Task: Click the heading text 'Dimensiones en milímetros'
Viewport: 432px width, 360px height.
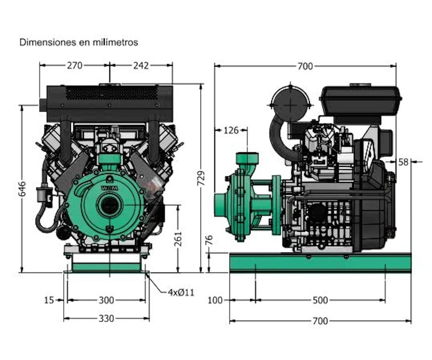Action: coord(78,42)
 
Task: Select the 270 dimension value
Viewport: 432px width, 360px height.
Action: coord(75,65)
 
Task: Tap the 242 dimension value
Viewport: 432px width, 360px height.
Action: coord(141,65)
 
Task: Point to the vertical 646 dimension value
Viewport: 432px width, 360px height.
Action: coord(22,190)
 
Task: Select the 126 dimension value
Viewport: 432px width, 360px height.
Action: coord(231,130)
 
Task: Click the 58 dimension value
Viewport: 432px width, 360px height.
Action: coord(404,162)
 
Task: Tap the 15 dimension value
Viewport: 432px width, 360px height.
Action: coord(49,300)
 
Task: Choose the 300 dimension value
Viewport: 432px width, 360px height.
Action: coord(106,300)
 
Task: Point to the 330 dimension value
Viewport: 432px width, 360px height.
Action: coord(106,319)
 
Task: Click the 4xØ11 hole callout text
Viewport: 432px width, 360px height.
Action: coord(181,292)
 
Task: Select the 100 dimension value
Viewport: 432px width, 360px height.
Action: coord(215,300)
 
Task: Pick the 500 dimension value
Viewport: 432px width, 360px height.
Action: coord(320,300)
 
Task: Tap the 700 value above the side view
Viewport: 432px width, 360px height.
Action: coord(305,66)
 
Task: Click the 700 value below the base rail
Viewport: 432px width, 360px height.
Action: coord(320,321)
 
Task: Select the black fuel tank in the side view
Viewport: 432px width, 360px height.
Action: coord(360,100)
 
